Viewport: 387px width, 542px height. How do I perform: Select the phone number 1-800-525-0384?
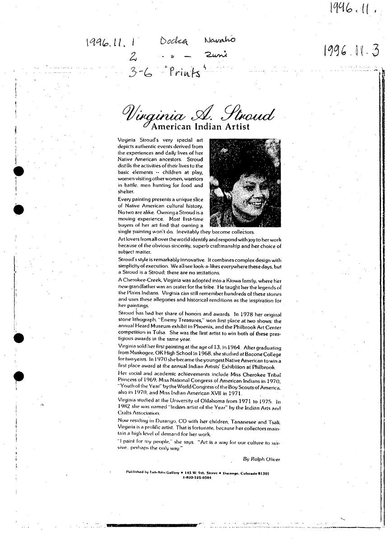click(x=197, y=477)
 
